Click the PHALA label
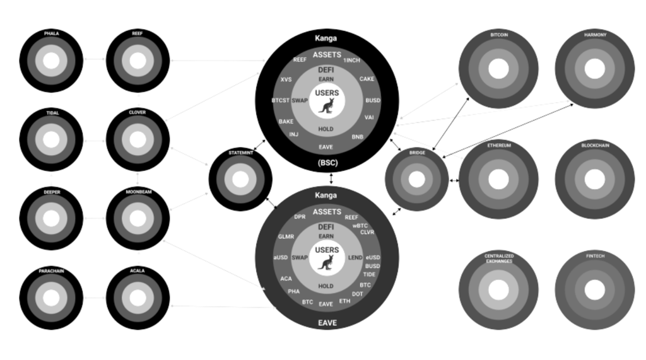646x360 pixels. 51,33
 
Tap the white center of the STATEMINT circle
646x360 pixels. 240,179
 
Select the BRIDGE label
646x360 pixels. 416,153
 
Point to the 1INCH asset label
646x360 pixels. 351,60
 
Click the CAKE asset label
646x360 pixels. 367,79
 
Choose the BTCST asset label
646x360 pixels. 281,101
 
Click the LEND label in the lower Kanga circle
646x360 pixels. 355,258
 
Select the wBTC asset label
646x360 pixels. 360,225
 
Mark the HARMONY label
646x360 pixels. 594,35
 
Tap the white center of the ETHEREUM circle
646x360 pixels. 498,180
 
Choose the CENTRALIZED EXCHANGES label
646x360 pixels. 498,258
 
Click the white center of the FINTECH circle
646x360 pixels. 594,289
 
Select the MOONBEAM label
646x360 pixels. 138,192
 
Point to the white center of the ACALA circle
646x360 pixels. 138,298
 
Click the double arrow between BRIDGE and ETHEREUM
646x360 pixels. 454,180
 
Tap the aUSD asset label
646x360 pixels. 281,258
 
